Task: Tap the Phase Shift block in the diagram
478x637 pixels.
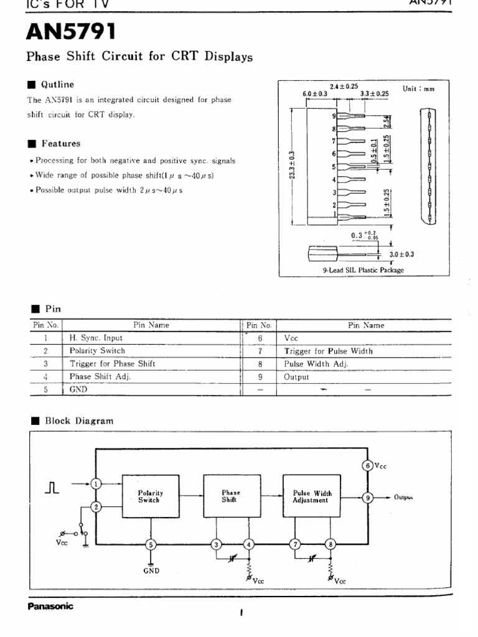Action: click(231, 496)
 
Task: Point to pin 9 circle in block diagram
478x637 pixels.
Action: click(368, 497)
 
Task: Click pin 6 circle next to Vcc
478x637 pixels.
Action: click(368, 465)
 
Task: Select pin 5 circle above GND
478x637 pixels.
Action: click(151, 545)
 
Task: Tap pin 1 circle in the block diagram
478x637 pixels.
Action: click(96, 483)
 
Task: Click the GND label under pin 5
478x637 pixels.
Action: click(151, 569)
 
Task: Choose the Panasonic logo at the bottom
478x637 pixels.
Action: click(50, 607)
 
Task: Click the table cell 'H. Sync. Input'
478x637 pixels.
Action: click(96, 338)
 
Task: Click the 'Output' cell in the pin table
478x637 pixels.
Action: click(296, 377)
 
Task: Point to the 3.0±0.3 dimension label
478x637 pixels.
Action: click(402, 254)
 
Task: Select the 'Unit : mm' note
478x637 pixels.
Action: click(419, 89)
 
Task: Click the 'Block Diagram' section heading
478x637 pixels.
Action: click(79, 421)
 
